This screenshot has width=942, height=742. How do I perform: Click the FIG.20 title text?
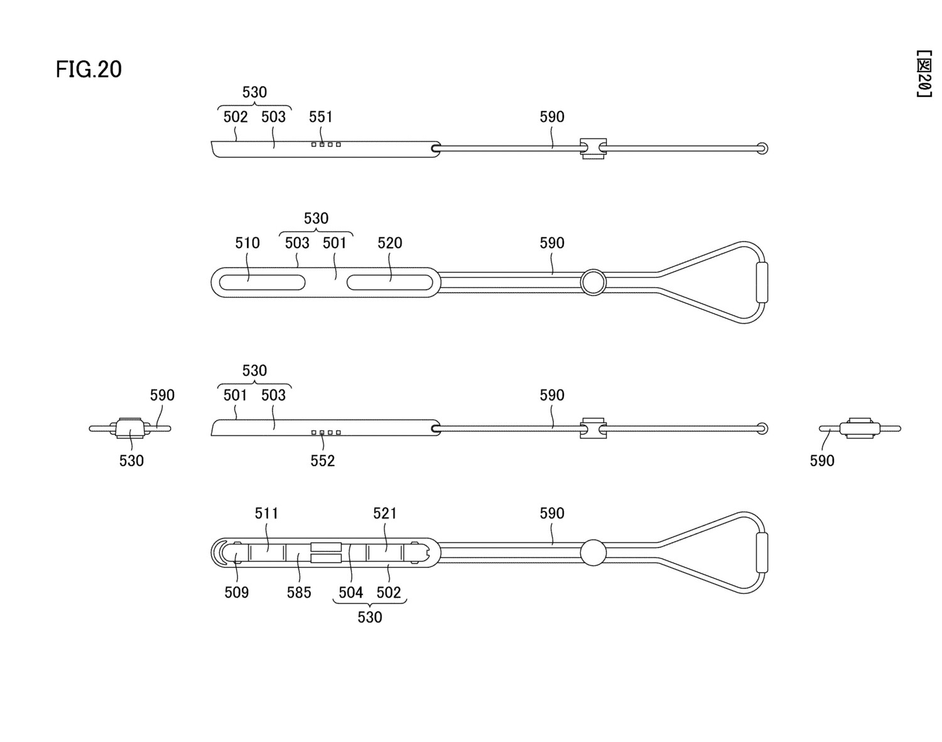89,69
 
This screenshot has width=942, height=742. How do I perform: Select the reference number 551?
320,117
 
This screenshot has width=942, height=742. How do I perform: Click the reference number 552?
322,461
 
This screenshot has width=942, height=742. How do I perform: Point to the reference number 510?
247,243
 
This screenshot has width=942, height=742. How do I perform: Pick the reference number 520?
389,243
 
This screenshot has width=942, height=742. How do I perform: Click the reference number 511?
266,513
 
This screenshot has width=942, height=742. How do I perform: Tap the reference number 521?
385,513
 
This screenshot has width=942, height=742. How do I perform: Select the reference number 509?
237,592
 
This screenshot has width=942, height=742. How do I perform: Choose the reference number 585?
299,592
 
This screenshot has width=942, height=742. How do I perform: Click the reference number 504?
350,592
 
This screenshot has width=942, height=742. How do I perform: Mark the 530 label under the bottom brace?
370,618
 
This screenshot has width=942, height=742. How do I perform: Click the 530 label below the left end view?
131,461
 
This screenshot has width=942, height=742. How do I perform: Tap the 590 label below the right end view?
822,461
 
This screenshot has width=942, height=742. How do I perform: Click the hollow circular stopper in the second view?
592,283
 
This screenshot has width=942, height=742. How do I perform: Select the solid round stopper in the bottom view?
593,553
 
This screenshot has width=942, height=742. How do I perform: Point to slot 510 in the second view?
259,282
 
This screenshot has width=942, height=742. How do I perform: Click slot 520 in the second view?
389,282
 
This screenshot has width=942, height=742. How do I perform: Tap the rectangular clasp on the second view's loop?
762,282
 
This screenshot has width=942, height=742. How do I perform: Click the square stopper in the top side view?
593,148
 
